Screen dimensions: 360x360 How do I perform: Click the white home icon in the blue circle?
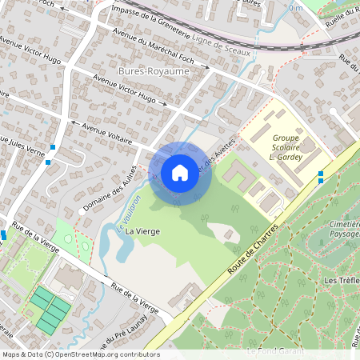[x=180, y=172]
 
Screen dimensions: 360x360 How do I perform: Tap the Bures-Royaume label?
[x=147, y=71]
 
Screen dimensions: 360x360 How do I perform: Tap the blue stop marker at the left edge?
[x=3, y=235]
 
